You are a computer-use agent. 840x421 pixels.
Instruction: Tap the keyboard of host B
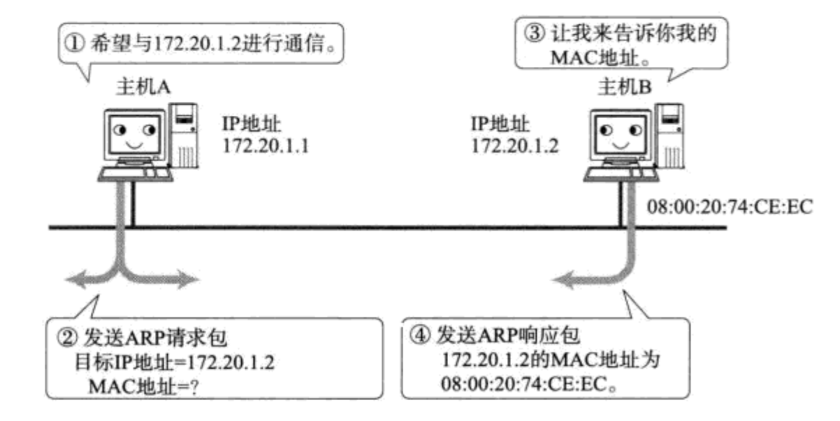point(619,170)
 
